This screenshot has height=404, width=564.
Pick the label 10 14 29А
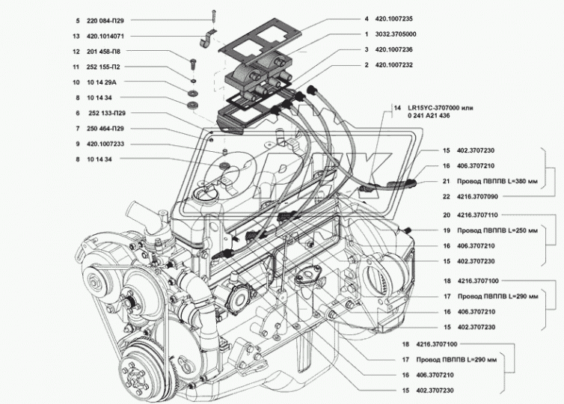pos(90,83)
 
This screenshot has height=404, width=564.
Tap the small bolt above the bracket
pos(215,12)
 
